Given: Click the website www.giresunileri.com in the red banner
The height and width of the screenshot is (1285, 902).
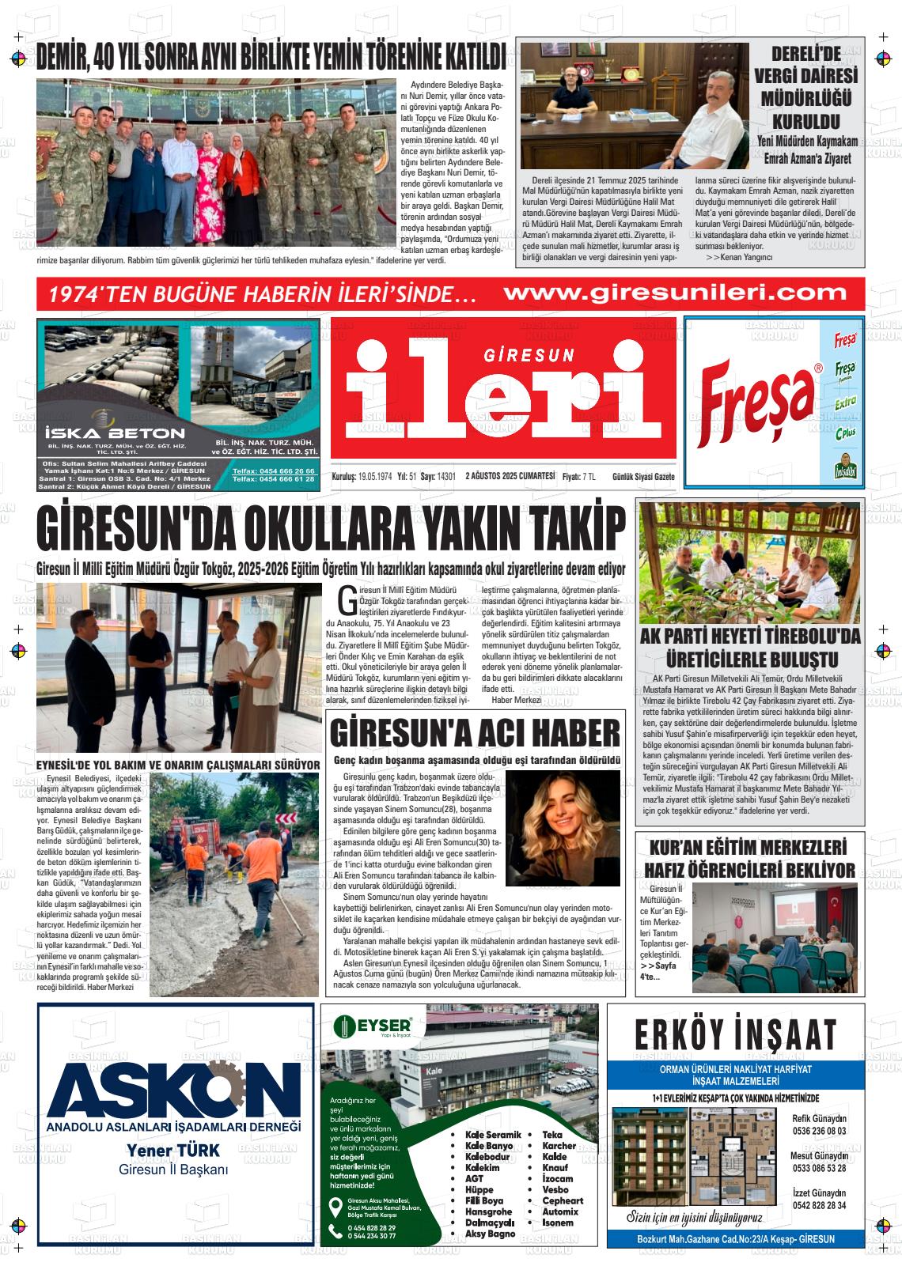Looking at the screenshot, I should pyautogui.click(x=675, y=293).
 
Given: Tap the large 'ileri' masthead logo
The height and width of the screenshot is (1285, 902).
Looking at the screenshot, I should pyautogui.click(x=504, y=395).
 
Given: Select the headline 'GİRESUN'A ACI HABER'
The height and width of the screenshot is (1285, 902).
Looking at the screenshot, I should pyautogui.click(x=475, y=733).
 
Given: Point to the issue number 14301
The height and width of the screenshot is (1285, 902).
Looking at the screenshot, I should pyautogui.click(x=446, y=477).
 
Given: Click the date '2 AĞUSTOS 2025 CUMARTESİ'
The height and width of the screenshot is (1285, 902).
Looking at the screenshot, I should pyautogui.click(x=510, y=477).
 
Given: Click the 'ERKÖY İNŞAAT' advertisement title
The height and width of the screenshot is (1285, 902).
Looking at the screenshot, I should pyautogui.click(x=736, y=1034).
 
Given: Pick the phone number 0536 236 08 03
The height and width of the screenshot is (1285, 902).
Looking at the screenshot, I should pyautogui.click(x=819, y=1131).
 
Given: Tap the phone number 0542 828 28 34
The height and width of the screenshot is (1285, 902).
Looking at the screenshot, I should pyautogui.click(x=819, y=1205).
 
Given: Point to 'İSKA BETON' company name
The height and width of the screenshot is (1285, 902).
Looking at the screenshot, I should pyautogui.click(x=116, y=433).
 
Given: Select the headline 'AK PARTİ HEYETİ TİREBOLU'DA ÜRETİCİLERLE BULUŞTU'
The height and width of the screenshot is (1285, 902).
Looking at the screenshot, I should pyautogui.click(x=750, y=648).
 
